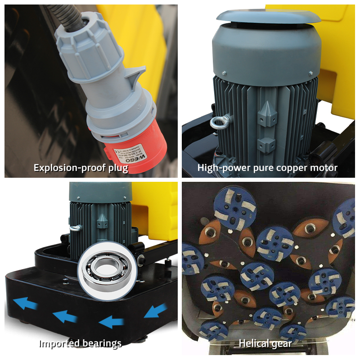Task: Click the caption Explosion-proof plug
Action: point(81,168)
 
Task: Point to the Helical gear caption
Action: point(265,344)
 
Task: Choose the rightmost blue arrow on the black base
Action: point(156,311)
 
